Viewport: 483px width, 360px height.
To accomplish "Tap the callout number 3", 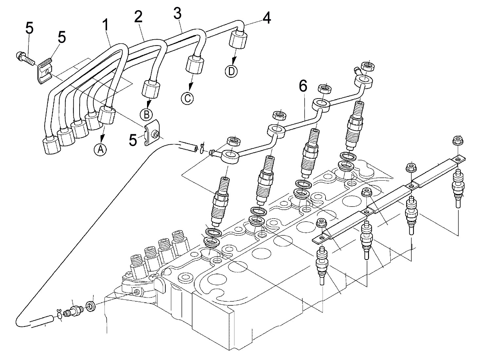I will [177, 14].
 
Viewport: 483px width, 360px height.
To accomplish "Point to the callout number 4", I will [267, 18].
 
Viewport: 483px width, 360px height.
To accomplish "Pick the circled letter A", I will [101, 149].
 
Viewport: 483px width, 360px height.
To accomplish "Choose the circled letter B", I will [146, 114].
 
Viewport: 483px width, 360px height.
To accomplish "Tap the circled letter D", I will [232, 71].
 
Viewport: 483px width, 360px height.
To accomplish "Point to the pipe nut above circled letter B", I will [151, 89].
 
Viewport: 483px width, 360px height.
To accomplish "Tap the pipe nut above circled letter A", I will [107, 115].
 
